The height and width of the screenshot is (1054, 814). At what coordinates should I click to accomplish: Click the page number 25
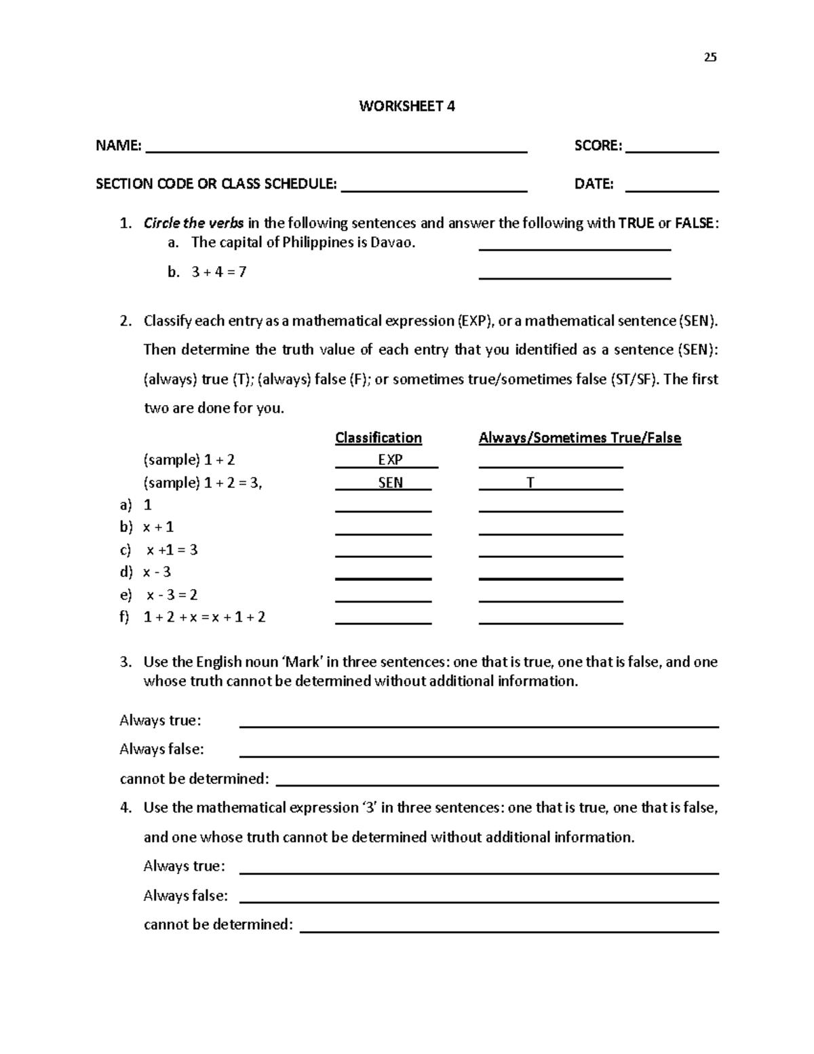(710, 57)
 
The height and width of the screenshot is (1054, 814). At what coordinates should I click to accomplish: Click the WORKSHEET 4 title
(407, 106)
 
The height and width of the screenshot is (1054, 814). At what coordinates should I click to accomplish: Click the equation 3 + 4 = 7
(218, 272)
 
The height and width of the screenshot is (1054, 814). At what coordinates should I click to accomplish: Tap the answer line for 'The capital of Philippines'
(575, 248)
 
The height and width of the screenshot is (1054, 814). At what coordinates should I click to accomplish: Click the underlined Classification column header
(379, 438)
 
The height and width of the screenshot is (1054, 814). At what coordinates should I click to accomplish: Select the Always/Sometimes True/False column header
(579, 438)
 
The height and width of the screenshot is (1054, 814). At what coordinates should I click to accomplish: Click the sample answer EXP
(390, 460)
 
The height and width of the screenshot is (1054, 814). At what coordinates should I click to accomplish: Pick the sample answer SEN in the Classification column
(390, 483)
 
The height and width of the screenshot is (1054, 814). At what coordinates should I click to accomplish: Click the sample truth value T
(530, 483)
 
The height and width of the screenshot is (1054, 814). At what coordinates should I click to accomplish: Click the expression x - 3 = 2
(172, 595)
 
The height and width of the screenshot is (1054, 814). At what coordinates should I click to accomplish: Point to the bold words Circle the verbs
(193, 223)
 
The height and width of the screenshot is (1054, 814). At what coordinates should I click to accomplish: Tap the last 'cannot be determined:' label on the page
(218, 924)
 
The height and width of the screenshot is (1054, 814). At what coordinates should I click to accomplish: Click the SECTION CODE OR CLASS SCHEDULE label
(216, 184)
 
